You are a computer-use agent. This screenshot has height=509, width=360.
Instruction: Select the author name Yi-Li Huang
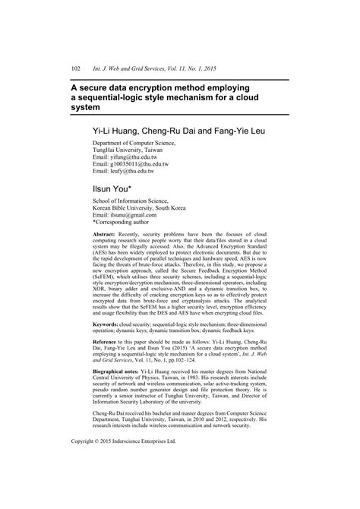(x=118, y=131)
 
